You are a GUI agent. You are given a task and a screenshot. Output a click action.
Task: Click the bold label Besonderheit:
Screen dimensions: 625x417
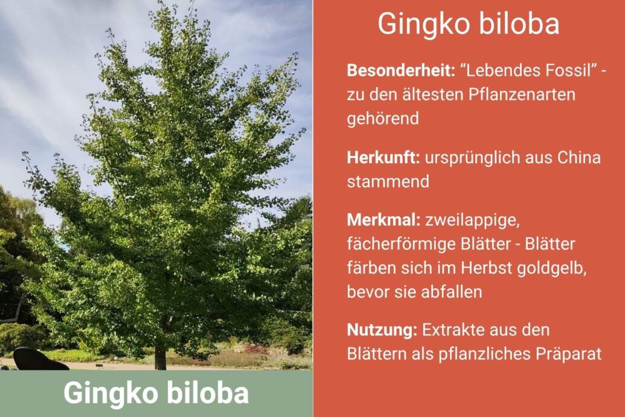tap(400, 71)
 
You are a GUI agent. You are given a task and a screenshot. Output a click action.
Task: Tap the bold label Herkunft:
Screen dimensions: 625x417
tap(383, 158)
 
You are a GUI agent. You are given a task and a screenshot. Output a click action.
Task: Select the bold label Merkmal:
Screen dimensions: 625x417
tap(383, 220)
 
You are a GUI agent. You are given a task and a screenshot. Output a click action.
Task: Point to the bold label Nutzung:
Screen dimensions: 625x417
tap(382, 330)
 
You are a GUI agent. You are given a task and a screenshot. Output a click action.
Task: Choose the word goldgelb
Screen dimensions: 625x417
tap(551, 268)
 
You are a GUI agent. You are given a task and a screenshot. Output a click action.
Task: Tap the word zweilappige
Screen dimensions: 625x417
tap(472, 221)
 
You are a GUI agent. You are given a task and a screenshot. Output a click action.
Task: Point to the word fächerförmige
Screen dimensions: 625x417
tap(401, 244)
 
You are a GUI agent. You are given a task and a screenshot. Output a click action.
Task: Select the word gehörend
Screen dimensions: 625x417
tap(383, 119)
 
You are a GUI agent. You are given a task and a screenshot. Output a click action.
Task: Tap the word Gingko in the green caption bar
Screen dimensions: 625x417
tap(111, 393)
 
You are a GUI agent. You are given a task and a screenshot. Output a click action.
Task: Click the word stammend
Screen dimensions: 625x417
tap(388, 181)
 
